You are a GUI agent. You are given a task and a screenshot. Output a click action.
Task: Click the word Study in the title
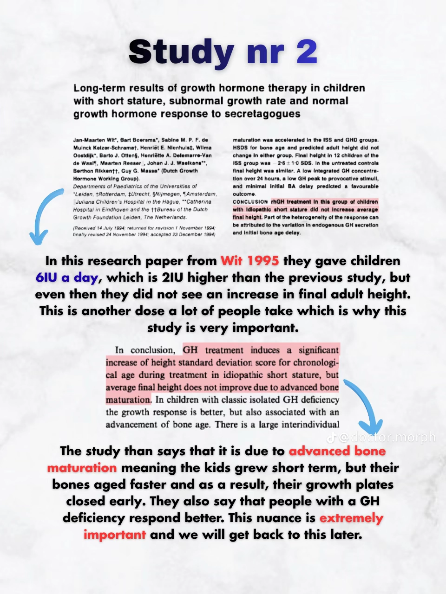point(182,52)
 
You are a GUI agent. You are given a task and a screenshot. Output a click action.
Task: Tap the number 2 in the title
point(307,52)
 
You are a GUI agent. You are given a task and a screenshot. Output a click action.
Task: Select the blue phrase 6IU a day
point(67,278)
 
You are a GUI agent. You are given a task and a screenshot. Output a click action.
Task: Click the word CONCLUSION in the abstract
point(250,202)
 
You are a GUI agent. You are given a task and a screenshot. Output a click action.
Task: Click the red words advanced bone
point(337,451)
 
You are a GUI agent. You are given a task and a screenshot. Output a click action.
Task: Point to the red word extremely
point(351,518)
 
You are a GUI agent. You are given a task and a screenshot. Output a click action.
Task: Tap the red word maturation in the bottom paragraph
point(82,468)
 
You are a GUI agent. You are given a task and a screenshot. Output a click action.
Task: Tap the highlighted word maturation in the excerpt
point(128,400)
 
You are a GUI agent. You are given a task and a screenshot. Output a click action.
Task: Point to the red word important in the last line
point(115,535)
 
